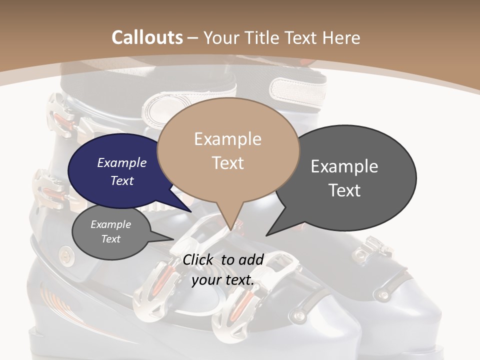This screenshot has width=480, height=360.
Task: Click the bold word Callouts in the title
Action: (147, 37)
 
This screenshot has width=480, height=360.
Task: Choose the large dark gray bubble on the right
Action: (350, 177)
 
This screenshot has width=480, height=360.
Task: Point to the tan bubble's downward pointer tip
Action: (230, 229)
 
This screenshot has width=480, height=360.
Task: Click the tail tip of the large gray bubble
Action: (267, 234)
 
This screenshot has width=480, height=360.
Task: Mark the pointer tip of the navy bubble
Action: (190, 211)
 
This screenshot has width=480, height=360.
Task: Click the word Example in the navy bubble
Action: (121, 162)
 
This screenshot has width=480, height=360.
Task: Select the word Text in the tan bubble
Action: (228, 163)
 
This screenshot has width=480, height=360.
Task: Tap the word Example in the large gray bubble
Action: (344, 166)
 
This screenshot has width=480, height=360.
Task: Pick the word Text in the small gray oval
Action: (111, 239)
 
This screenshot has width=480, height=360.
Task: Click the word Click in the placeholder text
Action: (199, 259)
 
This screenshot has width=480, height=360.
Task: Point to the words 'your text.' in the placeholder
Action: (223, 280)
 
